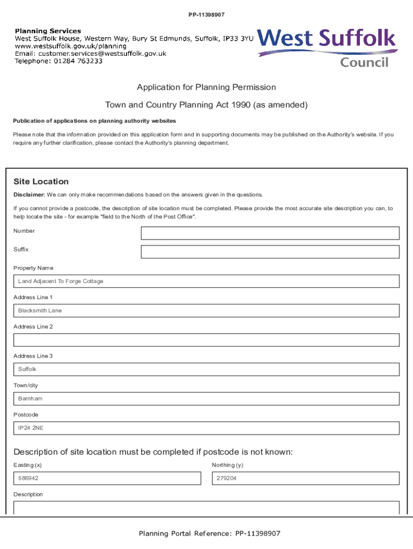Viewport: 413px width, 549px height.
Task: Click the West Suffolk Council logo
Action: pos(327,47)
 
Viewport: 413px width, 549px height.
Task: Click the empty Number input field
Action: pos(270,233)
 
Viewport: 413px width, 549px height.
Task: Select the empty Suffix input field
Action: pos(270,252)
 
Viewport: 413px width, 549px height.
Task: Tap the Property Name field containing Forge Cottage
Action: pos(206,281)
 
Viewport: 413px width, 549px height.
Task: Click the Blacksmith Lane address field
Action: pos(206,311)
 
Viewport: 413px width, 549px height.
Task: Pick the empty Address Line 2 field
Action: pos(206,340)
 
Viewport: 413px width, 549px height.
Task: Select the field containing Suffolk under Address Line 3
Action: pos(206,369)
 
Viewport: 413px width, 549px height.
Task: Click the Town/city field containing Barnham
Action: pos(206,399)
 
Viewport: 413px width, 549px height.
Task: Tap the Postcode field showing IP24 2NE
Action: pos(206,428)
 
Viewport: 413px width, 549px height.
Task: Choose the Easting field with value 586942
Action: pos(107,478)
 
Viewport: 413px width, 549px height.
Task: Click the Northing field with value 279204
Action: pos(306,478)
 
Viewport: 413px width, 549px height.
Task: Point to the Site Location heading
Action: pos(41,182)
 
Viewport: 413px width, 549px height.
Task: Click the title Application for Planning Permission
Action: pos(206,87)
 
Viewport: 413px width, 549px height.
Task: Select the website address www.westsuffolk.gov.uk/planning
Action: pos(71,46)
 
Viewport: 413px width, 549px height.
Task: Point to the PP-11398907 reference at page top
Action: pos(206,14)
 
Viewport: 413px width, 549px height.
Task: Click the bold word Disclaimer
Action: pos(29,195)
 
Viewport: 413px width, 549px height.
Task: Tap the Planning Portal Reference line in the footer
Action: pos(209,533)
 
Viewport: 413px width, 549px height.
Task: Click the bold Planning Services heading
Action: pos(48,31)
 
